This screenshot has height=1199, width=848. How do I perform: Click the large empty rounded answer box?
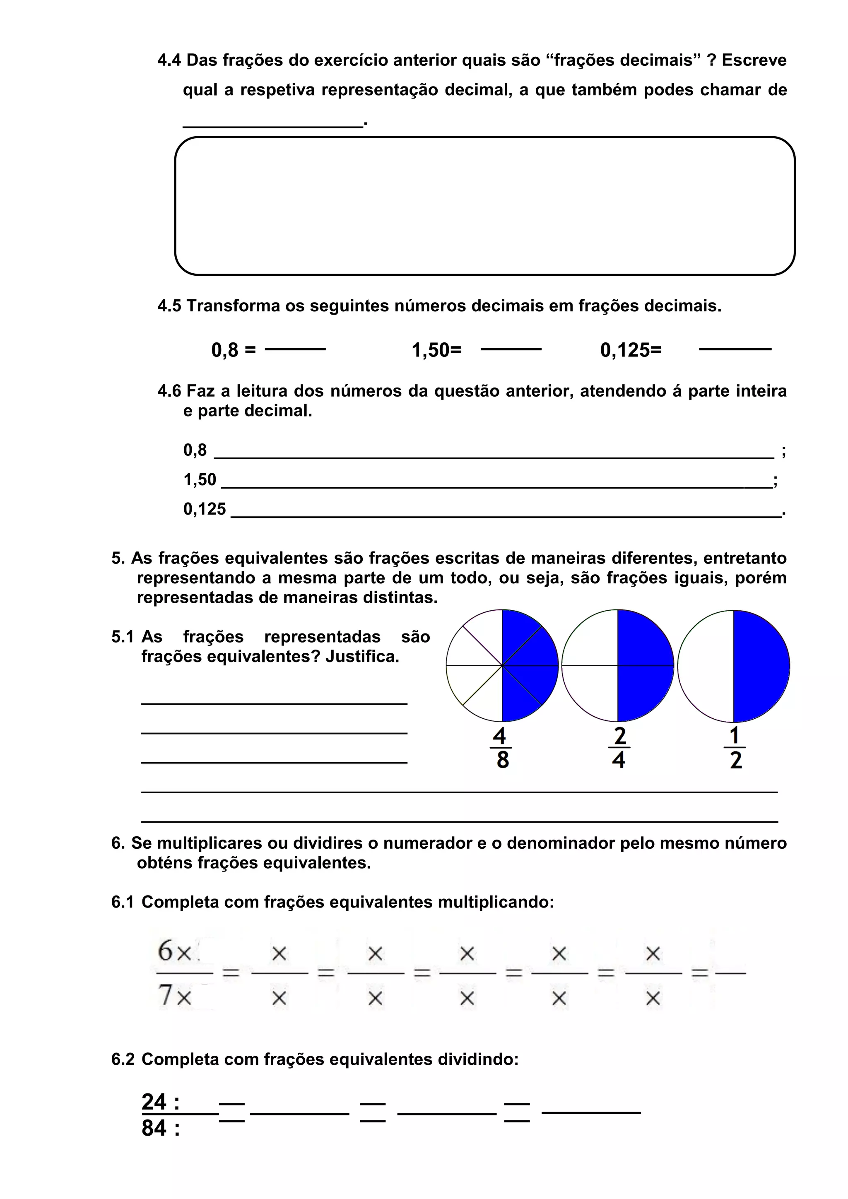pyautogui.click(x=484, y=206)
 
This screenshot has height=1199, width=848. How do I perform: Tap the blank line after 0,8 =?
pyautogui.click(x=295, y=349)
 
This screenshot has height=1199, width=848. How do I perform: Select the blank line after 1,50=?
pyautogui.click(x=511, y=349)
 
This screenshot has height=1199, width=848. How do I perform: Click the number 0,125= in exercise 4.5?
pyautogui.click(x=630, y=350)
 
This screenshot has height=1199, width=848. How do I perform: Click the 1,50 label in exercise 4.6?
pyautogui.click(x=200, y=479)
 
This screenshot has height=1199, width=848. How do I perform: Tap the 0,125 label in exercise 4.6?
pyautogui.click(x=204, y=509)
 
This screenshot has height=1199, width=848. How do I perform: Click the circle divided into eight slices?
pyautogui.click(x=502, y=666)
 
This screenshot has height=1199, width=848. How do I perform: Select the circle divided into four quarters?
pyautogui.click(x=618, y=666)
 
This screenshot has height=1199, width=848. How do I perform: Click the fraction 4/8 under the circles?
pyautogui.click(x=501, y=748)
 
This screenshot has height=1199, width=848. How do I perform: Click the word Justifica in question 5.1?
pyautogui.click(x=362, y=656)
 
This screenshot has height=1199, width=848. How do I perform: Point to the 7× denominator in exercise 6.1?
pyautogui.click(x=174, y=995)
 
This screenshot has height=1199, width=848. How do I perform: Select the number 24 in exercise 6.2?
pyautogui.click(x=154, y=1102)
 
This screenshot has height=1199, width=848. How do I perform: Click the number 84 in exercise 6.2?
pyautogui.click(x=154, y=1128)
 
